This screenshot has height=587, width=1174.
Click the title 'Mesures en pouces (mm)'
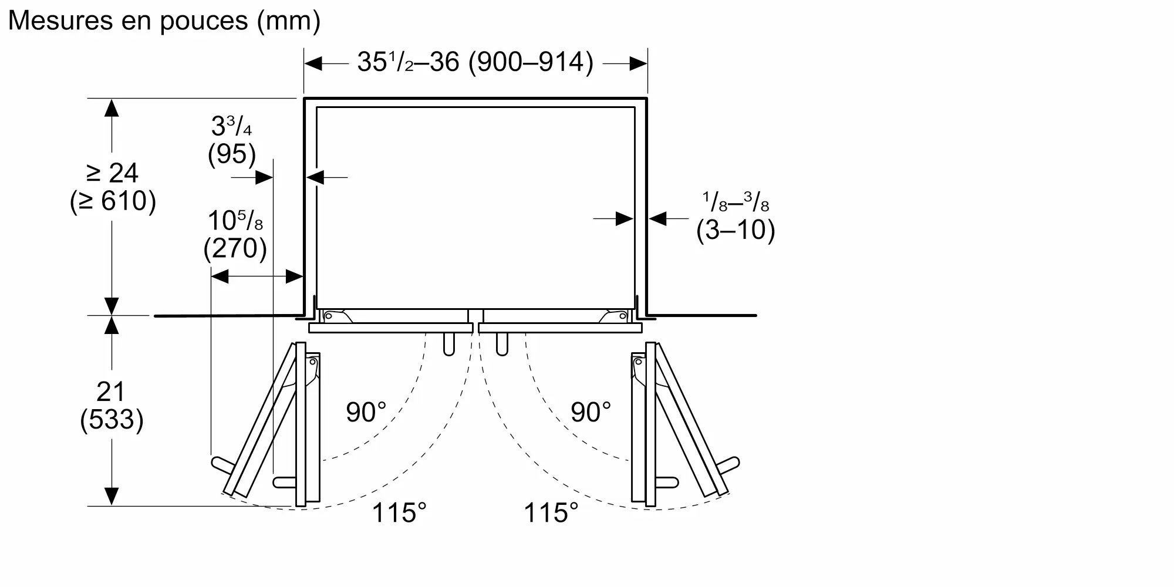(x=164, y=21)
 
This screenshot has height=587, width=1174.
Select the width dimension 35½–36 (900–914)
(x=475, y=62)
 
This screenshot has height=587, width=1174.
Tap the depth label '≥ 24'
(x=112, y=173)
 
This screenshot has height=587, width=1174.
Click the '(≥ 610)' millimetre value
(x=113, y=201)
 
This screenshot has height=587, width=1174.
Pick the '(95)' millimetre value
(x=232, y=154)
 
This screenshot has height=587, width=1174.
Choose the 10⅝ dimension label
(x=235, y=221)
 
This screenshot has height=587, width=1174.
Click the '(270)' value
(x=235, y=248)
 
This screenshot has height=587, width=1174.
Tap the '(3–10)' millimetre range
(x=736, y=230)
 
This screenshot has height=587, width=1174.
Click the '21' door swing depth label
(x=111, y=392)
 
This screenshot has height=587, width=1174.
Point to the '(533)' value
(x=112, y=420)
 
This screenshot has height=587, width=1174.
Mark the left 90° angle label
(x=366, y=413)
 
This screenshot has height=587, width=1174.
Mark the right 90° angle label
(x=591, y=413)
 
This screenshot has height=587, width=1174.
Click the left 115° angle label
(x=399, y=513)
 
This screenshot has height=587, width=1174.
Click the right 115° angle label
(x=551, y=513)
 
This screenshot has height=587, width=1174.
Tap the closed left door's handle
(x=449, y=345)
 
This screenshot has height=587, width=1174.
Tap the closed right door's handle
(x=501, y=345)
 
